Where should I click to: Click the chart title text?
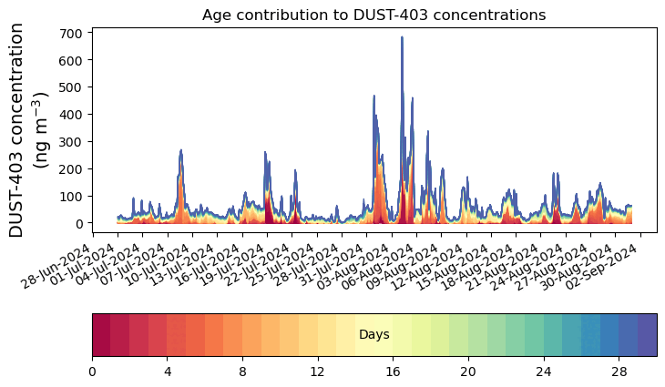[373, 15]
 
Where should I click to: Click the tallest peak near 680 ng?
[402, 38]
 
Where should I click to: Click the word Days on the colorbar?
[373, 335]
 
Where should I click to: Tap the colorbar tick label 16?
[393, 372]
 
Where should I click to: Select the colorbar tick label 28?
[619, 372]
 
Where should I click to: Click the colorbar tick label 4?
[168, 372]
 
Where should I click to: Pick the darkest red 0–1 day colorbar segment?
[101, 334]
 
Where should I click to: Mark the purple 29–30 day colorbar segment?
[647, 334]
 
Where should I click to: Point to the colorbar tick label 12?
[317, 372]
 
